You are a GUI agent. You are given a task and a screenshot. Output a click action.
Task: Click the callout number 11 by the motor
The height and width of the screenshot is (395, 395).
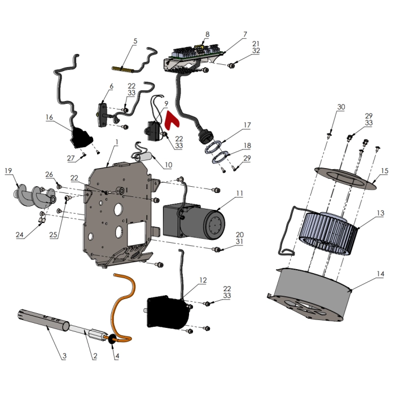(x=239, y=193)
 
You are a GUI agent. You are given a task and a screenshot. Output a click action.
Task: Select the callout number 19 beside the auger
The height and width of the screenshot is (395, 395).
(x=8, y=170)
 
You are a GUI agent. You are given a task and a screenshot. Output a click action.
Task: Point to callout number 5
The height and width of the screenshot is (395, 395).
(x=135, y=41)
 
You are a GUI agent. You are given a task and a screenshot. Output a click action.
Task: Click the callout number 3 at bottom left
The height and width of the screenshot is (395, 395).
(x=64, y=356)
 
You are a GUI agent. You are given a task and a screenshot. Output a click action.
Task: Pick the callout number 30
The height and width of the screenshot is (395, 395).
(x=341, y=107)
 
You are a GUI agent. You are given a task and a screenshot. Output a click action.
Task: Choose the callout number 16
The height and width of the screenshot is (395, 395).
(x=49, y=117)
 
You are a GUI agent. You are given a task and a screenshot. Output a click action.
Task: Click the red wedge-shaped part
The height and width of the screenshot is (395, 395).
(x=173, y=120)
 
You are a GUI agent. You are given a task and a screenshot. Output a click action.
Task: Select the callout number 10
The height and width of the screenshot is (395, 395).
(x=169, y=165)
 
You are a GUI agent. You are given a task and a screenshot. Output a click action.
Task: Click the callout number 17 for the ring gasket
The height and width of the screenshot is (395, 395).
(x=247, y=125)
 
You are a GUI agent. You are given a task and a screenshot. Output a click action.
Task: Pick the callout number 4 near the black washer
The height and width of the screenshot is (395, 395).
(x=117, y=356)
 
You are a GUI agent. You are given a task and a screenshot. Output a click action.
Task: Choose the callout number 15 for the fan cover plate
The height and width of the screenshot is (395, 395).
(x=384, y=170)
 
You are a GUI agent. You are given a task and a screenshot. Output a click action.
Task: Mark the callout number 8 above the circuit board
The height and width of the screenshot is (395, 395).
(x=207, y=34)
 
